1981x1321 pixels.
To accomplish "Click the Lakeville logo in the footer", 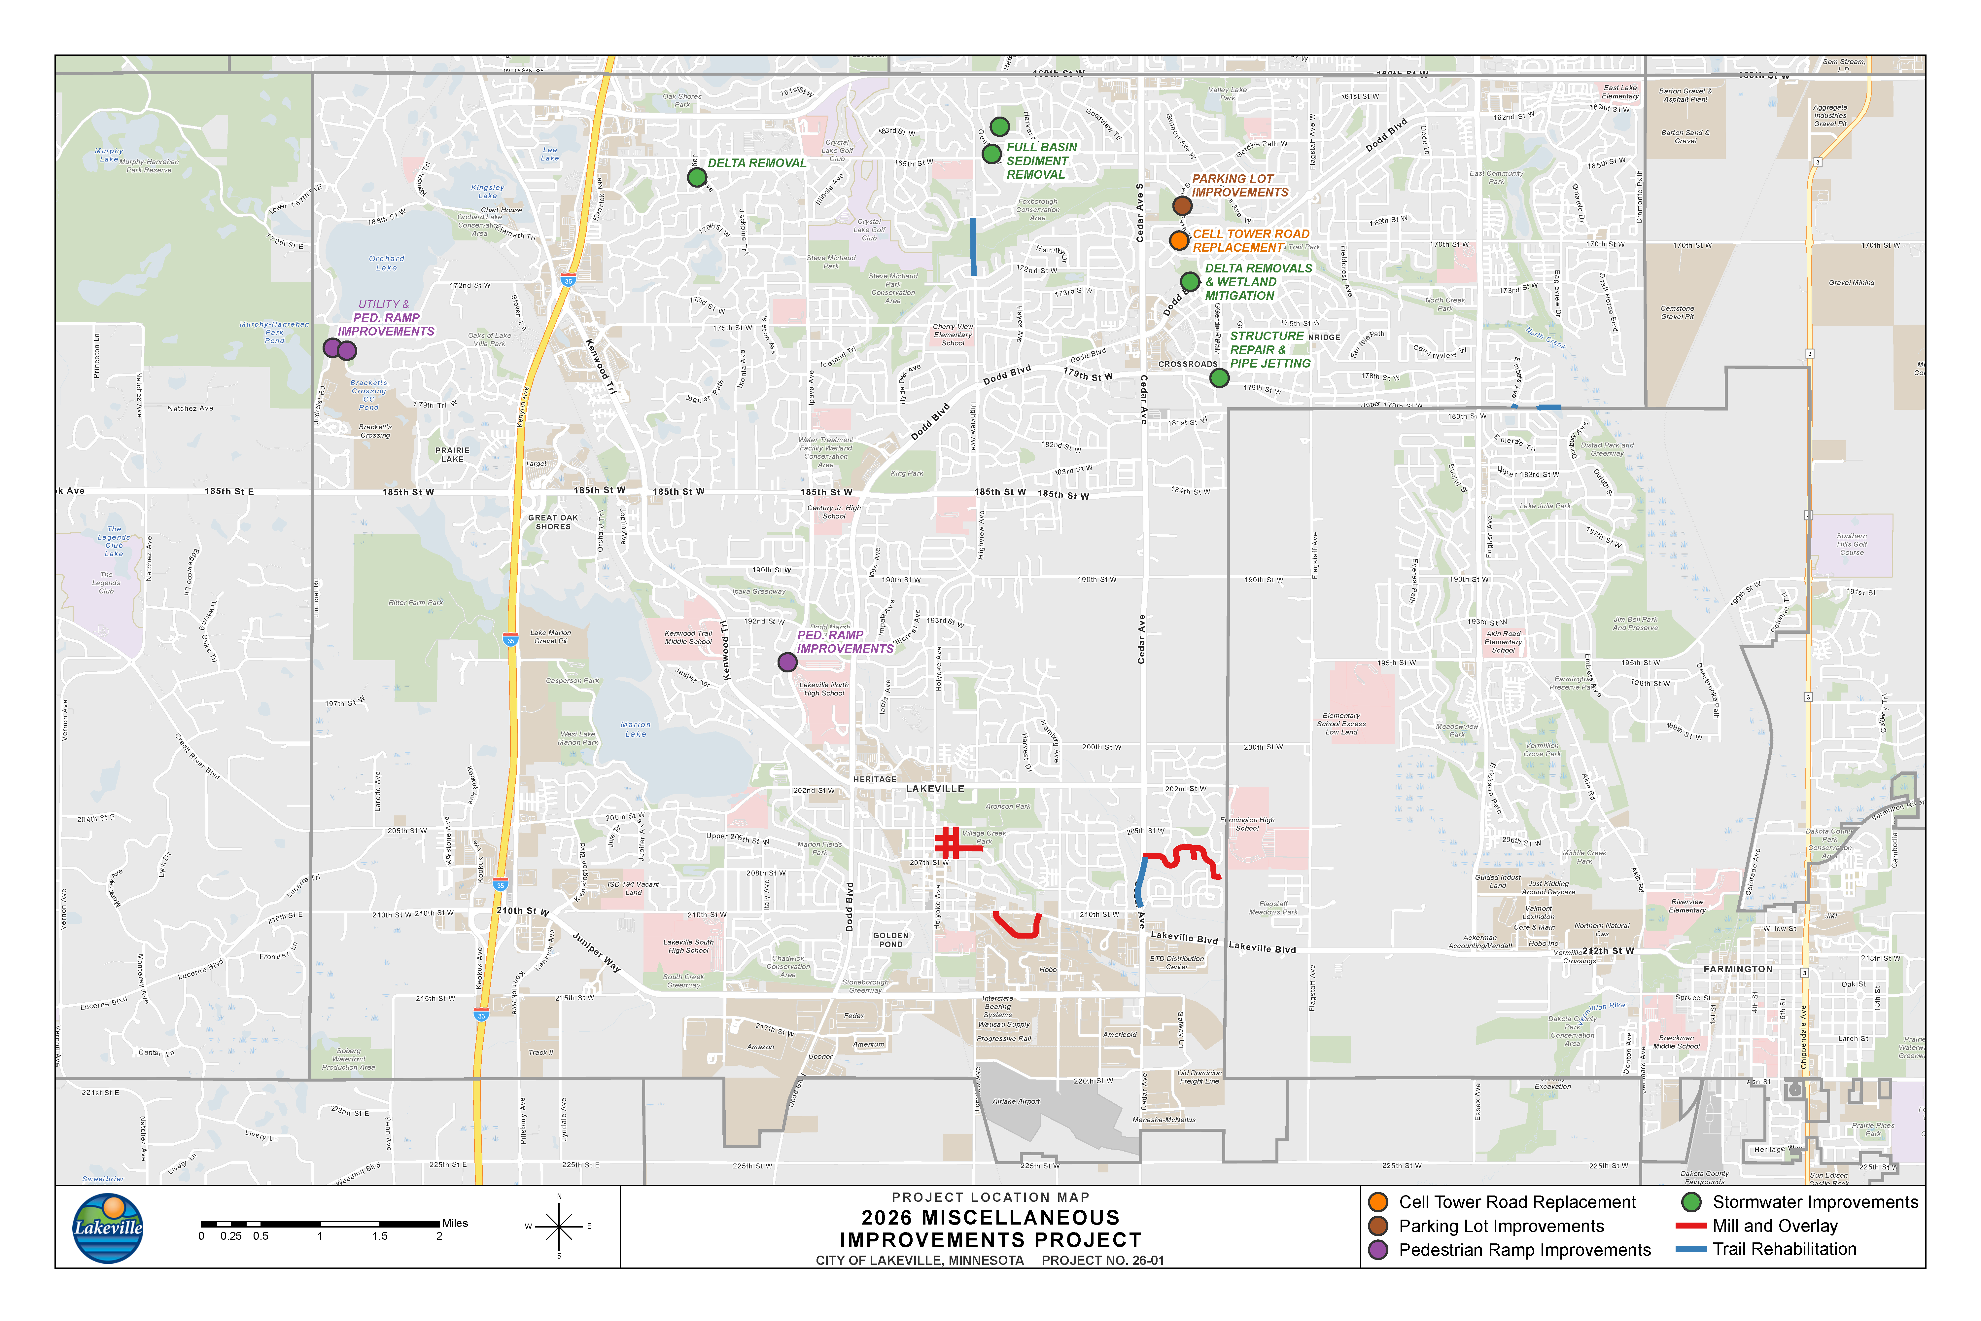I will pos(108,1228).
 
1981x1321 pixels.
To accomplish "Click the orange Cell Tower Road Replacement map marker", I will pos(1179,240).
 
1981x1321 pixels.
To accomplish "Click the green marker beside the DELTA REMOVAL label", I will pos(697,177).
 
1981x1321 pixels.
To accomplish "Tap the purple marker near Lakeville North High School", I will pos(787,662).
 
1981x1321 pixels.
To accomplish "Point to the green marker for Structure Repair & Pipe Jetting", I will pos(1219,378).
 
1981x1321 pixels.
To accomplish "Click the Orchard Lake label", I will pos(387,263).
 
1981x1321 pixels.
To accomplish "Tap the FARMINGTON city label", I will pos(1738,969).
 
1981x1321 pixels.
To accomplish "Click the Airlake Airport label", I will pos(1016,1101).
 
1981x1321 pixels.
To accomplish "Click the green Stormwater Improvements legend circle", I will pos(1691,1202).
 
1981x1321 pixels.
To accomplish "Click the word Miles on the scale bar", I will pos(455,1223).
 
